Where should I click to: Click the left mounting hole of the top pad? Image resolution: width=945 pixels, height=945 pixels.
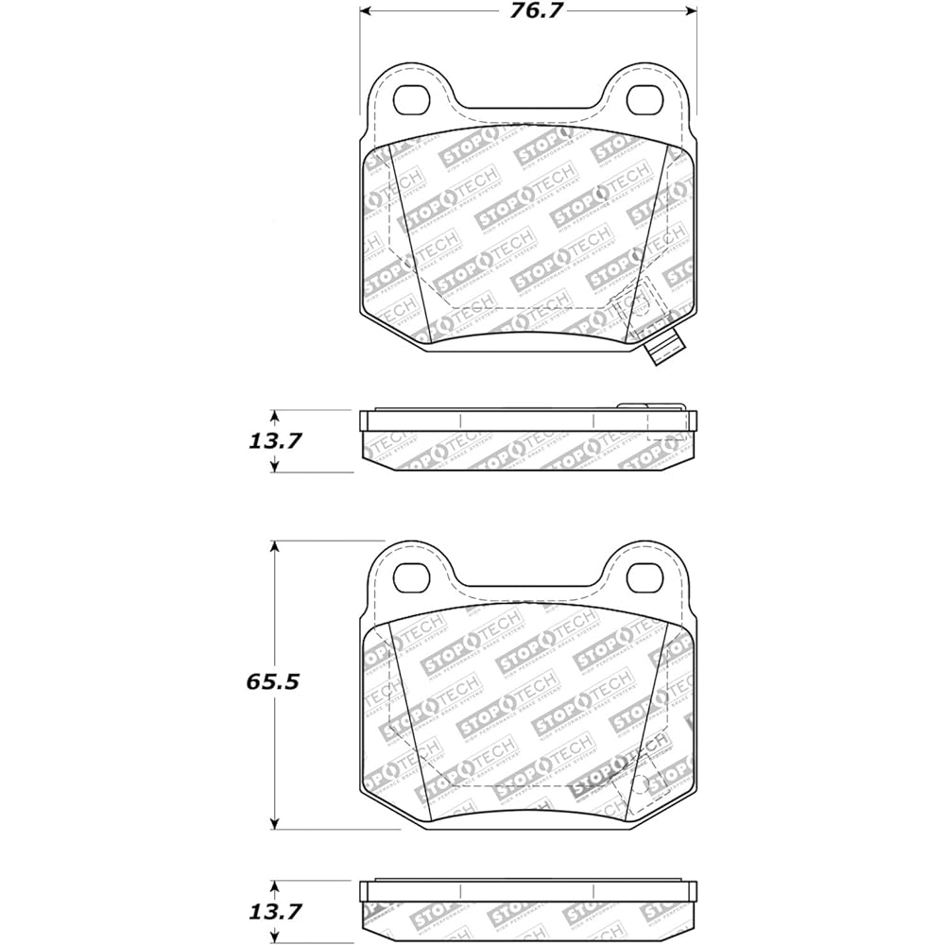coord(411,97)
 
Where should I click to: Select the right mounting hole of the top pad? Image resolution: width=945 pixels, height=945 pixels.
coord(646,97)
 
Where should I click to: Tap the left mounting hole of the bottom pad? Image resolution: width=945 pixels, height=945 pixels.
coord(411,573)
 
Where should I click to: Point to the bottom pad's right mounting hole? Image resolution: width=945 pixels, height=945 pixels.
coord(646,573)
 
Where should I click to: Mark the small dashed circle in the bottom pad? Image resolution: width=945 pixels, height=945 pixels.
coord(640,784)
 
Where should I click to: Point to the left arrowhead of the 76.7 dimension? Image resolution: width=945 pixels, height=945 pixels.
coord(367,11)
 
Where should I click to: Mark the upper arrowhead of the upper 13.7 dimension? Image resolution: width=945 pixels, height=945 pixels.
coord(275,417)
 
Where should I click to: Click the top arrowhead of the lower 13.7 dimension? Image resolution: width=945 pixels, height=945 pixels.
coord(275,887)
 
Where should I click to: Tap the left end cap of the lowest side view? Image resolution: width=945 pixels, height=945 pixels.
coord(366,891)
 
